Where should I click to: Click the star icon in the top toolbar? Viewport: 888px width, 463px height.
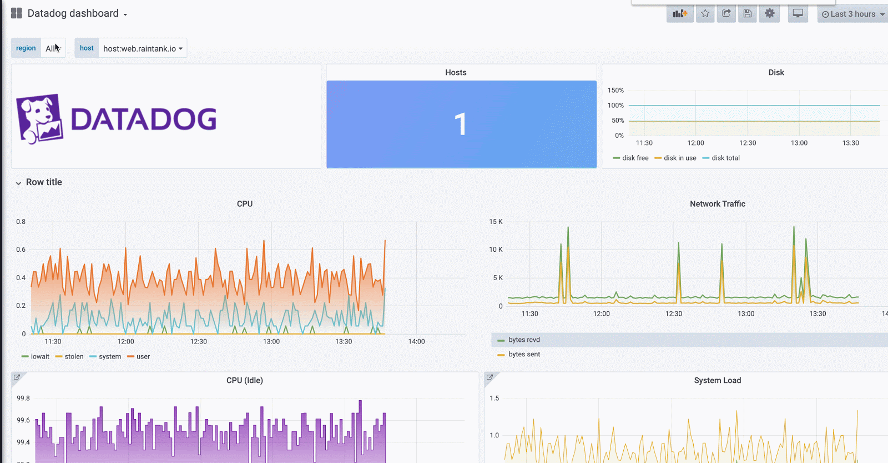pos(705,14)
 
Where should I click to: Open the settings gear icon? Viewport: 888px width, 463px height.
pos(769,14)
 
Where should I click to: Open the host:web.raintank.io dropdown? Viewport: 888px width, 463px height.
pos(143,48)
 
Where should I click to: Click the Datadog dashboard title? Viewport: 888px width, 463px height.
pos(73,13)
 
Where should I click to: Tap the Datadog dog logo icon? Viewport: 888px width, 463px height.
pos(39,118)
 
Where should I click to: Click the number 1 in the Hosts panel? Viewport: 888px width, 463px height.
pos(460,124)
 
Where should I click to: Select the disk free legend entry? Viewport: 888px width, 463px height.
pos(635,158)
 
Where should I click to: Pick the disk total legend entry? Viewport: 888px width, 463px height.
pos(725,158)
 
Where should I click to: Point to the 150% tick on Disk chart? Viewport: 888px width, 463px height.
pos(615,90)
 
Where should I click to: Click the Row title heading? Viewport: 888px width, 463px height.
pos(44,182)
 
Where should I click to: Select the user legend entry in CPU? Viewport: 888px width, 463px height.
pos(143,357)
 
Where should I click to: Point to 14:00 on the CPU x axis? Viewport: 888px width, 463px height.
pos(416,341)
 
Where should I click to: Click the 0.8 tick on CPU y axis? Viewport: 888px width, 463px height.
pos(21,222)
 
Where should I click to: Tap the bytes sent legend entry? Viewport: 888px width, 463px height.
pos(524,354)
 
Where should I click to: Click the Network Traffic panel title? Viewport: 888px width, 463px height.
pos(717,204)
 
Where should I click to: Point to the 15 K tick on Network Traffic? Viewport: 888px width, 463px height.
pos(496,222)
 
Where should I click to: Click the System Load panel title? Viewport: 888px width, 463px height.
pos(717,380)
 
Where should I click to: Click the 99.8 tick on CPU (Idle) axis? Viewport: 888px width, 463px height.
pos(23,398)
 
